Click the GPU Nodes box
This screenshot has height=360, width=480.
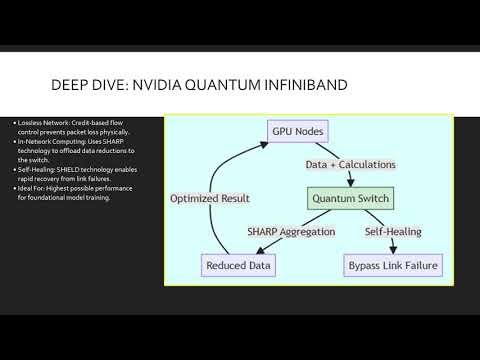pos(297,131)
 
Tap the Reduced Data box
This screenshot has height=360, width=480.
pos(238,266)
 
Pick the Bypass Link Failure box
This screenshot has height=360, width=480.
pos(386,266)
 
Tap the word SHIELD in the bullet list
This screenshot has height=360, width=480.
pos(69,171)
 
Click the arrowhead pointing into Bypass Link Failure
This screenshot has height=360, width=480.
pos(376,252)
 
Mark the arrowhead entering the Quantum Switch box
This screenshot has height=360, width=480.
pos(347,184)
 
